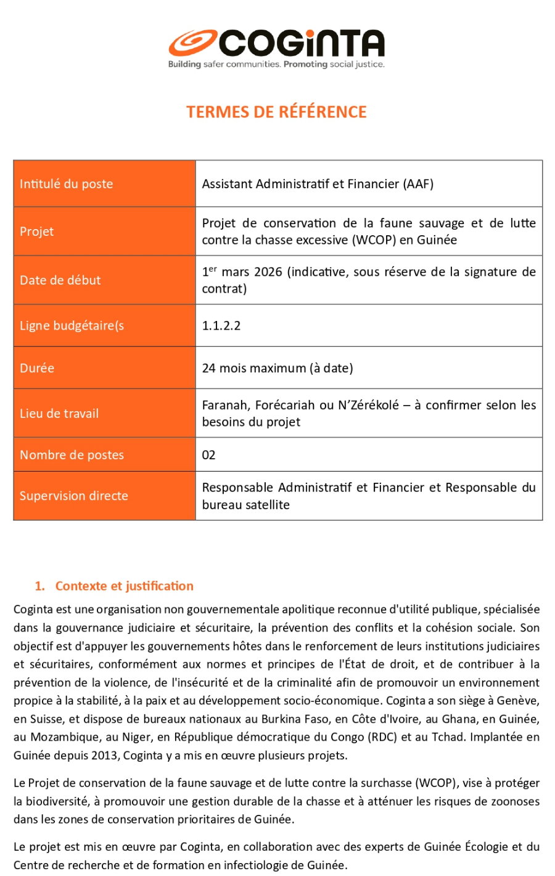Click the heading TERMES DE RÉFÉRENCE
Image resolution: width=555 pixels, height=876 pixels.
click(276, 112)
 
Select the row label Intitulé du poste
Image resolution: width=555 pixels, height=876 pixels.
click(66, 184)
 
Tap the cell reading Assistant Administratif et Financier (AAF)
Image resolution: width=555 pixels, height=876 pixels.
click(318, 184)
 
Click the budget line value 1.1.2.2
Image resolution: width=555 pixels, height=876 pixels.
click(221, 326)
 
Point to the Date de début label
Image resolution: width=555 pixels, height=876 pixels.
click(60, 280)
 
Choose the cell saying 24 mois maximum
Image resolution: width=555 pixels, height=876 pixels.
click(277, 369)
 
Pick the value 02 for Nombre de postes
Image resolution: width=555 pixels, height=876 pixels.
click(208, 456)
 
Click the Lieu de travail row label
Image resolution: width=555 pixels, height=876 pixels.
click(59, 414)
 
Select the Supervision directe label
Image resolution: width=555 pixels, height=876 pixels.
click(73, 496)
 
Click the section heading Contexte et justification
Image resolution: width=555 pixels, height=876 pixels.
click(124, 586)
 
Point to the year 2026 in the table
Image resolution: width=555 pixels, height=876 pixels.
click(268, 272)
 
